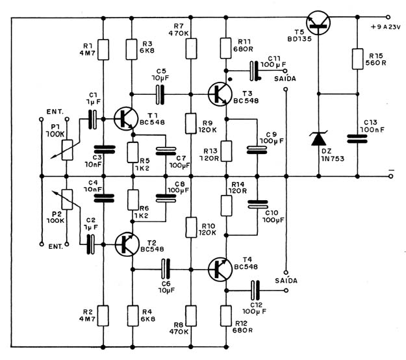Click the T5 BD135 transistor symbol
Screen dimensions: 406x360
point(318,23)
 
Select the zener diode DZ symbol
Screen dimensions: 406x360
point(319,138)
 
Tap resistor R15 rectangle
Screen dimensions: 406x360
point(357,58)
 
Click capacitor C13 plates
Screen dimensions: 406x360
point(357,139)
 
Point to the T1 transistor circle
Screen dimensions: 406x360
point(126,119)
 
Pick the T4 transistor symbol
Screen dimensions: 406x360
point(220,270)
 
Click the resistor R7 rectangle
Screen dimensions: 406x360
point(191,49)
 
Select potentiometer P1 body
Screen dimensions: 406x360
point(68,150)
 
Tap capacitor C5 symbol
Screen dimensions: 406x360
point(160,94)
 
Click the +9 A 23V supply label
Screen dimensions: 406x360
point(386,27)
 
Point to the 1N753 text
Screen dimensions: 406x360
point(333,159)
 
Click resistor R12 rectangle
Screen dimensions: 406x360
point(226,316)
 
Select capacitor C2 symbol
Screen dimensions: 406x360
point(90,244)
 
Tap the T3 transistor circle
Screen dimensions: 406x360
point(220,94)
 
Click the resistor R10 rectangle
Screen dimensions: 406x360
point(191,227)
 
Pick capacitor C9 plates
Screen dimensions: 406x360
point(257,150)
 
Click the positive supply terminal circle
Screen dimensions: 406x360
point(388,17)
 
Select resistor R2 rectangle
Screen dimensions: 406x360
point(103,316)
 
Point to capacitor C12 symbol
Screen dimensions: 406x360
point(255,290)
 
